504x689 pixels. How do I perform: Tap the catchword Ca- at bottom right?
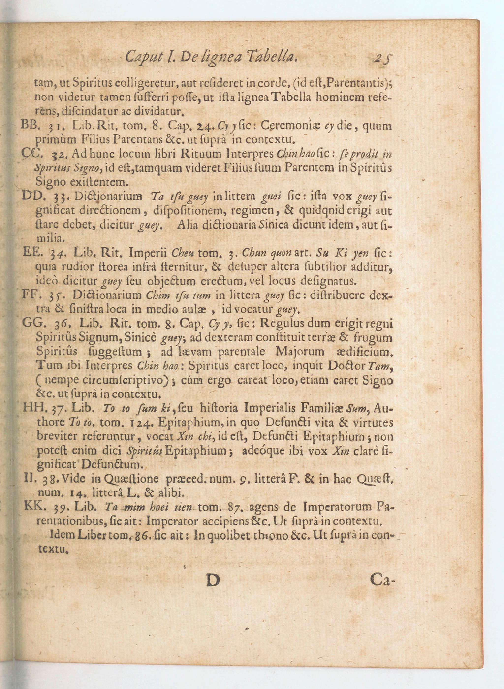click(382, 579)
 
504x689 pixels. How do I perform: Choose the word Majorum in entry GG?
click(300, 352)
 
